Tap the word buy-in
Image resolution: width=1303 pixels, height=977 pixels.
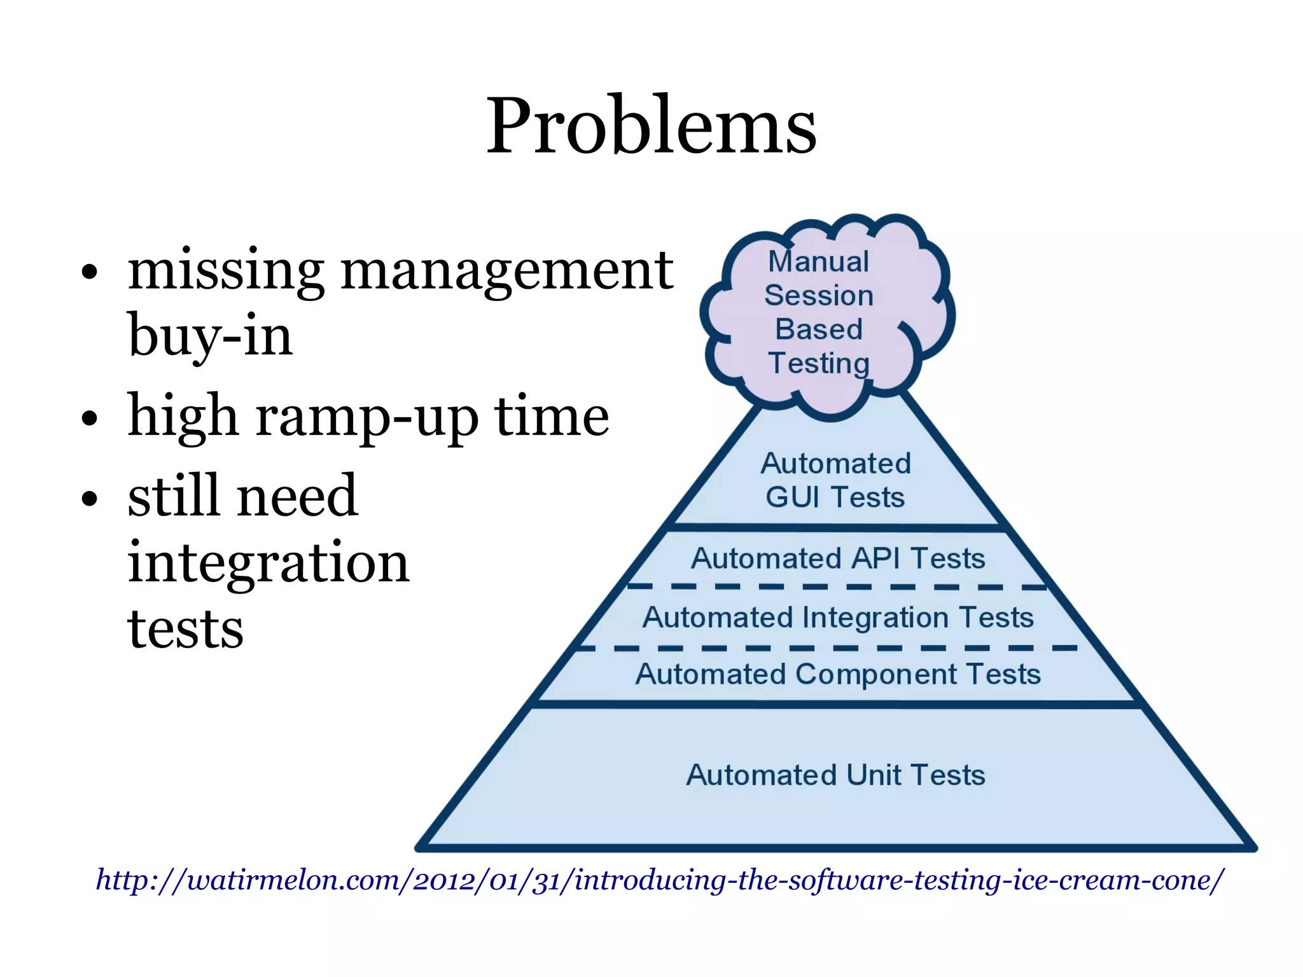pos(210,335)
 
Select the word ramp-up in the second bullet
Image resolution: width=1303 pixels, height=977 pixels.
pos(366,417)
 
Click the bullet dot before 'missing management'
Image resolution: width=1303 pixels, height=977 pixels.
pos(90,273)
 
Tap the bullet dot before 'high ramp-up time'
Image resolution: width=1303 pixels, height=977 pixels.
pos(90,419)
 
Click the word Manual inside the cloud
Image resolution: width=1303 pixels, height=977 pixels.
pos(818,261)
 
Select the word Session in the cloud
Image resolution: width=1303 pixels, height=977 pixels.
pos(819,295)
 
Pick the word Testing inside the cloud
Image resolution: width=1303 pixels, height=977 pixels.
pos(819,363)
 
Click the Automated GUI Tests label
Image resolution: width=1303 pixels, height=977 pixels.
pos(835,480)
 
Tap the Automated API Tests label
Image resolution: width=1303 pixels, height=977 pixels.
pos(838,558)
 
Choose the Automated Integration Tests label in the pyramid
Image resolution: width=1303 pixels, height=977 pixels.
pos(838,618)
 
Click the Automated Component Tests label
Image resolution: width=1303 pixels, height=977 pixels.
pos(838,674)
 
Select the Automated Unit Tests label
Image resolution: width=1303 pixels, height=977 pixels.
pos(835,775)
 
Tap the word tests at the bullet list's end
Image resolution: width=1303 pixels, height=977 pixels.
pos(185,629)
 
